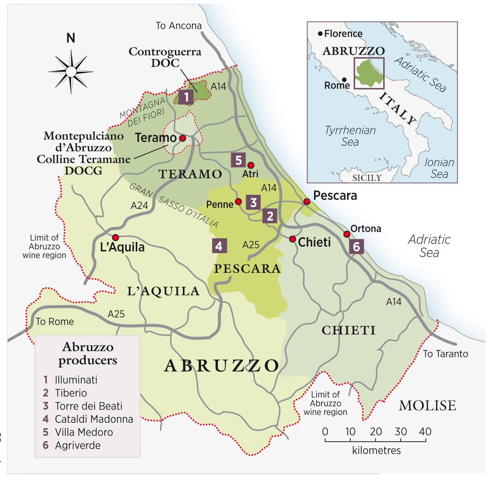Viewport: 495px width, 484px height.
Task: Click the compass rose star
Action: pos(71,72)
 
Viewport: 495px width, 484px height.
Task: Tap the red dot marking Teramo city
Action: pos(182,138)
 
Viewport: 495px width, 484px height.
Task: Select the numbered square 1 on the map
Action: pos(186,97)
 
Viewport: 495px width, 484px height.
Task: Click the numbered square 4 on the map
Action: pos(219,246)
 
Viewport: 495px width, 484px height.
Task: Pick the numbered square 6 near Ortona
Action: pos(356,247)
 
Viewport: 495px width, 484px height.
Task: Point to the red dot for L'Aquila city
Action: pos(116,237)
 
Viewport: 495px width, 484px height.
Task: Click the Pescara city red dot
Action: pos(307,201)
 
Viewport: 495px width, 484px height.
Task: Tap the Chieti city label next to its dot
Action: pos(314,242)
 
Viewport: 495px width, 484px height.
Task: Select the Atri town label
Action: pos(250,174)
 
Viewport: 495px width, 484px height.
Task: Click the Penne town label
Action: pos(220,205)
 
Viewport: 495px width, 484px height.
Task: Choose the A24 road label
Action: pos(139,205)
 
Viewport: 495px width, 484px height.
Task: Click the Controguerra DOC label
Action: pos(165,57)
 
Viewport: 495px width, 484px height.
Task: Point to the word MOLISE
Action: pos(427,406)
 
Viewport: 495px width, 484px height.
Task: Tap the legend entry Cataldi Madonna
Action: pos(94,419)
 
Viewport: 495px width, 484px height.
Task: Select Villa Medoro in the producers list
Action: pos(84,432)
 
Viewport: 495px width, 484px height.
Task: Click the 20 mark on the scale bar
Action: pos(376,432)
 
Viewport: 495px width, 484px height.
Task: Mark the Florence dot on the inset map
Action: pos(320,34)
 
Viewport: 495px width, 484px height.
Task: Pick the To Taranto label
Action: pos(445,354)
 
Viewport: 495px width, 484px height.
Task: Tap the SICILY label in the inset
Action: pos(366,178)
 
